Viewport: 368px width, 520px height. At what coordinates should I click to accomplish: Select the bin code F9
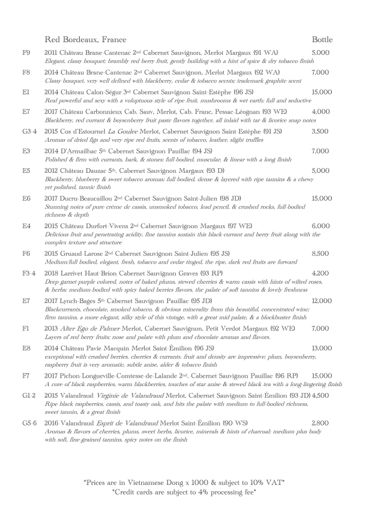[26, 53]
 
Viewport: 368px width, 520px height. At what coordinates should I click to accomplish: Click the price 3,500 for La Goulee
[320, 132]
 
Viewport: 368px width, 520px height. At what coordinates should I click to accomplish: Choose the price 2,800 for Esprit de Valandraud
[320, 423]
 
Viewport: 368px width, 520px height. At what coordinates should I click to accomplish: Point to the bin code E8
[26, 348]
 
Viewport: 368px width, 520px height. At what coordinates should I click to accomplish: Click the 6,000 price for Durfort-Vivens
[320, 226]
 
